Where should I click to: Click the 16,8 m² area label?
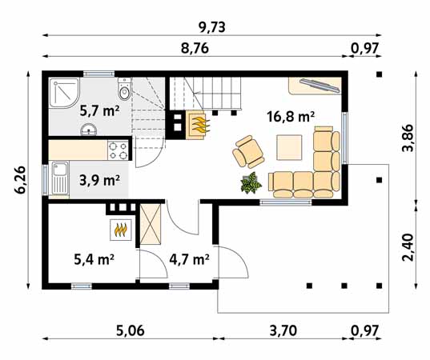coord(290,117)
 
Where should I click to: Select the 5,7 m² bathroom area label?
coord(99,110)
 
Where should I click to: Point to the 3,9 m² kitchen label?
coord(99,179)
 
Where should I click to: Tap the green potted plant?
coord(251,183)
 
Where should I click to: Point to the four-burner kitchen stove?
coord(119,150)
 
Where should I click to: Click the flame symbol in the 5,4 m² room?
coord(120,230)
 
